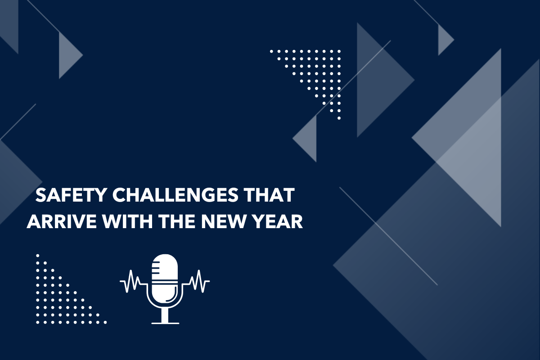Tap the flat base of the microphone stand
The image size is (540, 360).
165,322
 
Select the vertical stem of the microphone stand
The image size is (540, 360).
165,313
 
